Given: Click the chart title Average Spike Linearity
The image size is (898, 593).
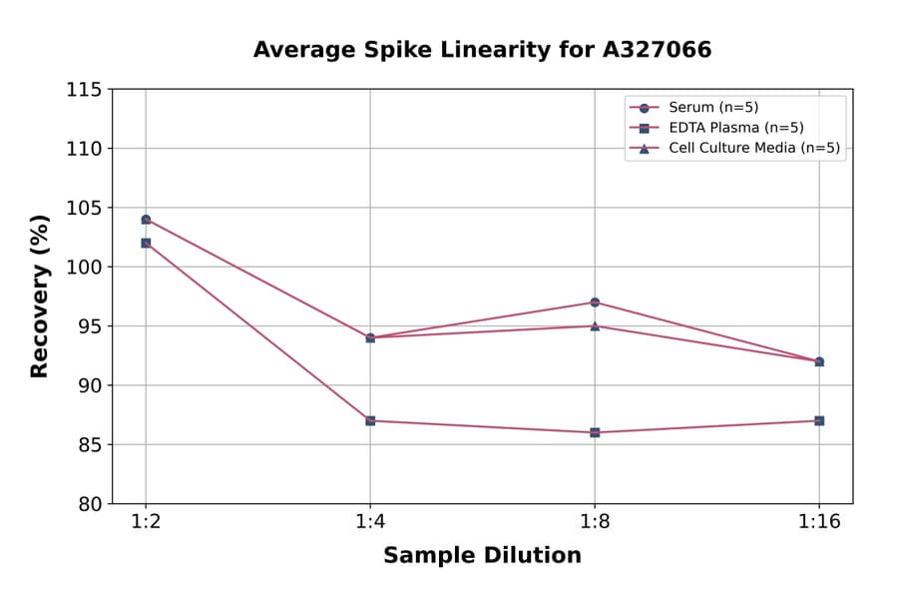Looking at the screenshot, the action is pyautogui.click(x=482, y=50).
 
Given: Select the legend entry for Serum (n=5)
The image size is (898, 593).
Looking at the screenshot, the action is pyautogui.click(x=705, y=107).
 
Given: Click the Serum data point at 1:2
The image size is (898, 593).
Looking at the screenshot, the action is pyautogui.click(x=146, y=220).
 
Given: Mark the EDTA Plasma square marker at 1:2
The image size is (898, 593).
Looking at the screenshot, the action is pyautogui.click(x=146, y=243).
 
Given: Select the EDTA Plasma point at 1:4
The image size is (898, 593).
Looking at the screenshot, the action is pyautogui.click(x=370, y=420).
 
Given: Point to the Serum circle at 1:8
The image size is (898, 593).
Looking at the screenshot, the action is pyautogui.click(x=595, y=302).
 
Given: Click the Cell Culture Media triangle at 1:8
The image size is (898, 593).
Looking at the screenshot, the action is pyautogui.click(x=595, y=325).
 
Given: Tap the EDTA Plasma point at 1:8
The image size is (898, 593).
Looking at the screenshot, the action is pyautogui.click(x=595, y=432).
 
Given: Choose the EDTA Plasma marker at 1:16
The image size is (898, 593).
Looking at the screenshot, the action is pyautogui.click(x=819, y=420).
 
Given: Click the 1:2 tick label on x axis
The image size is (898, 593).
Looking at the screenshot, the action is pyautogui.click(x=146, y=523).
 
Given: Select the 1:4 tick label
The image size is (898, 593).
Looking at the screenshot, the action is pyautogui.click(x=370, y=523).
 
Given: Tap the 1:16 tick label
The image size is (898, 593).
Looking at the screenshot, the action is pyautogui.click(x=819, y=523).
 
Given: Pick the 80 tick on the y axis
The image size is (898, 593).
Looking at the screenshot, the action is pyautogui.click(x=89, y=503).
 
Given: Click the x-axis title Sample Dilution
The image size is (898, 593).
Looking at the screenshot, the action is pyautogui.click(x=482, y=556).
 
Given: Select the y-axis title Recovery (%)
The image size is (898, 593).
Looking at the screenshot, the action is pyautogui.click(x=40, y=296).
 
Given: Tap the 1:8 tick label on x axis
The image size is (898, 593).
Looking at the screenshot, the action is pyautogui.click(x=595, y=523).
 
